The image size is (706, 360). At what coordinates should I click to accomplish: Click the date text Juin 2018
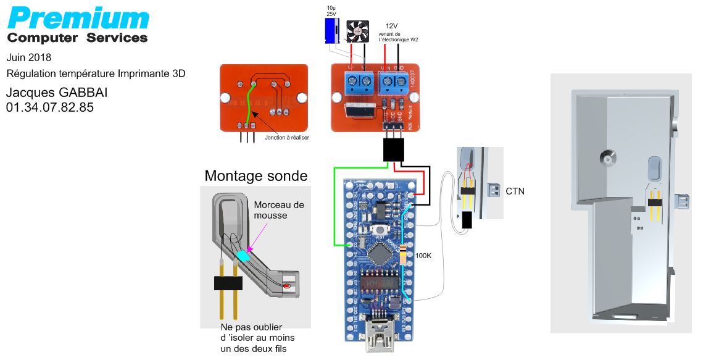click(29, 57)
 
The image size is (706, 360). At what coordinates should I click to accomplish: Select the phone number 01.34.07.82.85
click(50, 107)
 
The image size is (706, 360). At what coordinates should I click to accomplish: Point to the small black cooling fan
click(357, 31)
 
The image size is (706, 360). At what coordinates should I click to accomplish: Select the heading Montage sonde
click(255, 176)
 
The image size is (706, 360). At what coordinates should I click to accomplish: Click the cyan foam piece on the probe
click(244, 254)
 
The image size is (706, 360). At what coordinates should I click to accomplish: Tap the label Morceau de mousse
click(279, 210)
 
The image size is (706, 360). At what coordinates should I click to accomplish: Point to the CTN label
click(515, 191)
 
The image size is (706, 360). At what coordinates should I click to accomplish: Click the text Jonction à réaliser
click(286, 138)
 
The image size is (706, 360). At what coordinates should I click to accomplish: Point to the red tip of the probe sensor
click(286, 287)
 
